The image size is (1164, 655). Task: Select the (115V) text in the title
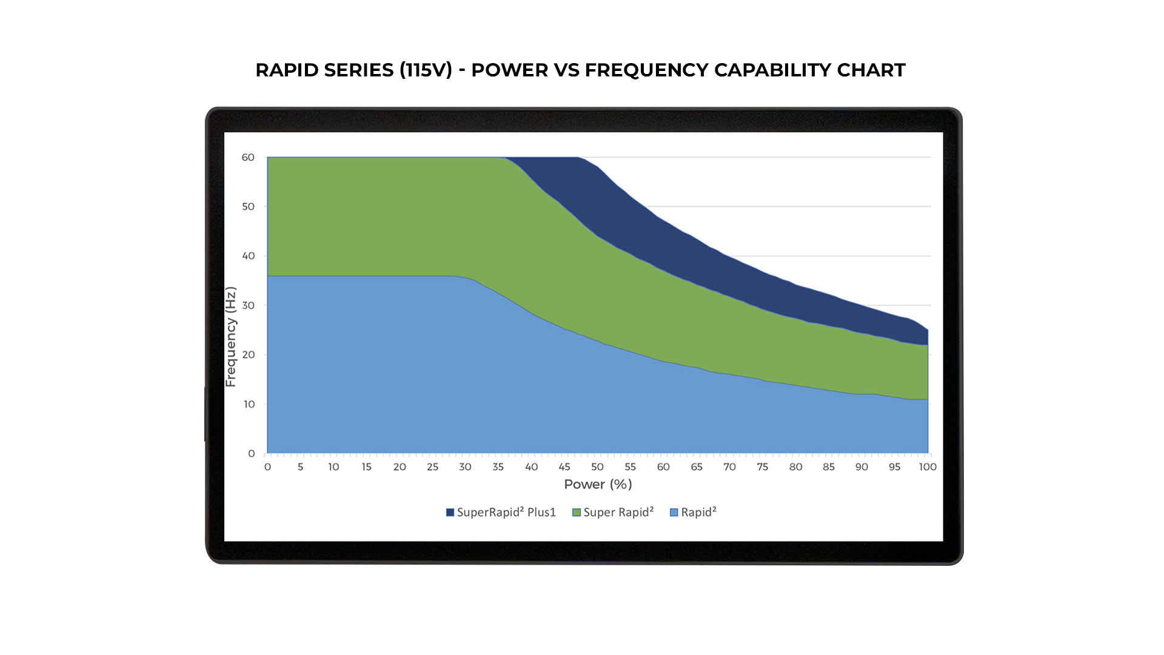click(x=426, y=70)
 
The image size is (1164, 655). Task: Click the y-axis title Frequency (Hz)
click(x=230, y=337)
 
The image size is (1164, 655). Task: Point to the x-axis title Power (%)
click(x=598, y=485)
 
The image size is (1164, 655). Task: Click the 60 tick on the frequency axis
click(x=248, y=158)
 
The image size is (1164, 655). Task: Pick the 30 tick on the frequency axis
click(x=248, y=306)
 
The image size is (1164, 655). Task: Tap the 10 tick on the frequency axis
click(x=249, y=405)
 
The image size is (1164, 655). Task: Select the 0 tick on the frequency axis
click(x=251, y=454)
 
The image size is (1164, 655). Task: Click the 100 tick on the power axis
click(x=928, y=467)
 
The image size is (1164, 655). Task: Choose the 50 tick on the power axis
click(x=597, y=467)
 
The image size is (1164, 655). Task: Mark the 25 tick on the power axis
click(x=432, y=467)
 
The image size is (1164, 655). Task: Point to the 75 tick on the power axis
click(x=763, y=467)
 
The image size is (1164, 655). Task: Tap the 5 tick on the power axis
click(x=300, y=467)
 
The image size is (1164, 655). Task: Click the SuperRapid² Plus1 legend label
click(x=506, y=512)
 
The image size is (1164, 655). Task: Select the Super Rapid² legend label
click(x=618, y=512)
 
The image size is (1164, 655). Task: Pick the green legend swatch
click(x=577, y=512)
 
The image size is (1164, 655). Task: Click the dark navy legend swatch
click(x=450, y=512)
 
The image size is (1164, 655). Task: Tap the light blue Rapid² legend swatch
click(x=674, y=512)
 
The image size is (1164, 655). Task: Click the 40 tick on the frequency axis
click(x=248, y=256)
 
